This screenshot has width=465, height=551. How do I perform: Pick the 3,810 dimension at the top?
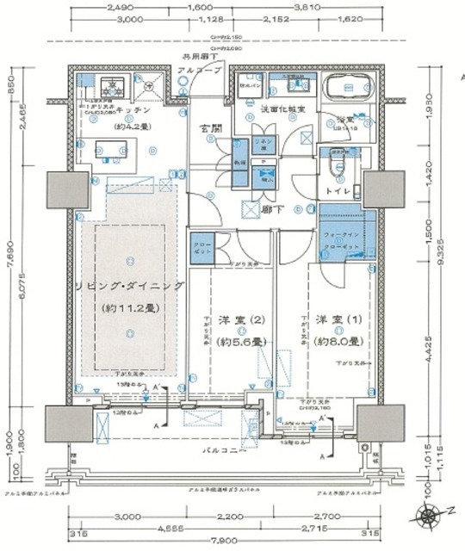329,7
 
